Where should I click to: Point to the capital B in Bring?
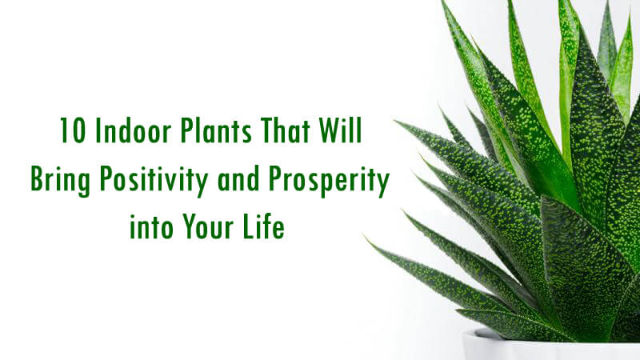point(37,178)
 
